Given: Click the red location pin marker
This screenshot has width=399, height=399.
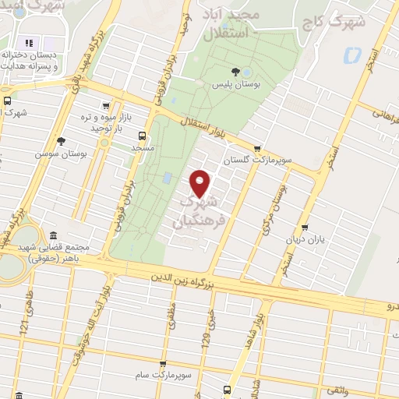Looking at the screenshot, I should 201,183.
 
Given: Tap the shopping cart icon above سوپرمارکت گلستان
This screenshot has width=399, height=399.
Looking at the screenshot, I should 257,148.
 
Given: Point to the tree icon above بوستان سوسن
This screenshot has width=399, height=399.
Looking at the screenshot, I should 61,140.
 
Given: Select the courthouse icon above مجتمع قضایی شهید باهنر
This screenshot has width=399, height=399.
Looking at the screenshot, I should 52,235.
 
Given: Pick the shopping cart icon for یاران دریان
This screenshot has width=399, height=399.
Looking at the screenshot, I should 304,228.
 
